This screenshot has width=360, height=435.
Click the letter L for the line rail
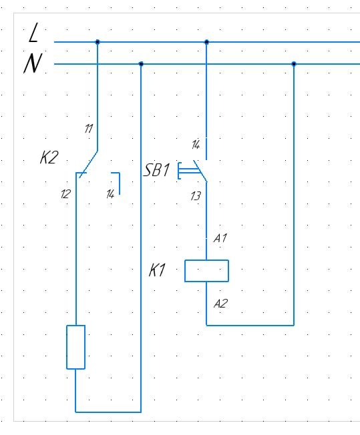point(33,33)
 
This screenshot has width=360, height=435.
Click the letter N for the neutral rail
point(33,63)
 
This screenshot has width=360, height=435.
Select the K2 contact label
point(49,157)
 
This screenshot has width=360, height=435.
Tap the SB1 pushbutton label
point(156,170)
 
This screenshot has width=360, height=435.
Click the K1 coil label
point(157,270)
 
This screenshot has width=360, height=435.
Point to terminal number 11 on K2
point(89,129)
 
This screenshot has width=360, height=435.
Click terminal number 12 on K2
point(65,194)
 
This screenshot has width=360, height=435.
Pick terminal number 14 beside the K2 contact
point(110,194)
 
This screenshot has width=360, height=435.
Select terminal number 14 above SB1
point(196,145)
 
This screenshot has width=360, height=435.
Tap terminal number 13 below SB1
point(196,196)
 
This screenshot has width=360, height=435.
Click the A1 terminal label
point(220,238)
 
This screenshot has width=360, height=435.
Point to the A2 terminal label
point(221,304)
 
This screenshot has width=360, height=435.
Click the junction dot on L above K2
point(98,42)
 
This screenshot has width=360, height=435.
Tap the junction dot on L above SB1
point(206,42)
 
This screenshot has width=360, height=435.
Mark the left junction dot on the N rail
point(141,64)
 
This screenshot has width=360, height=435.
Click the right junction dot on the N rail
point(294,64)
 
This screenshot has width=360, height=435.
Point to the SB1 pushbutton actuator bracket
point(178,171)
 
